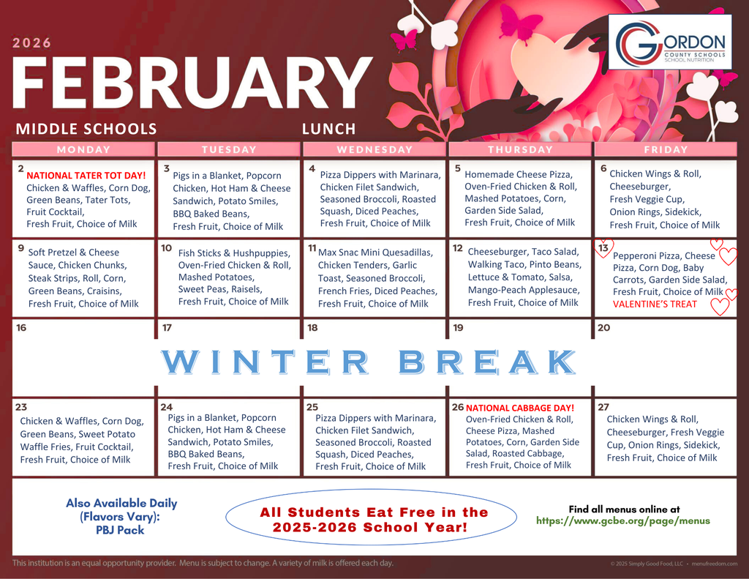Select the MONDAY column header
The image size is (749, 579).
[83, 149]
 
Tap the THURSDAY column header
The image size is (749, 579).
[520, 149]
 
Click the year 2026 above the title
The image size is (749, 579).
[32, 42]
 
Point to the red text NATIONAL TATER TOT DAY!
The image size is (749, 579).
[86, 176]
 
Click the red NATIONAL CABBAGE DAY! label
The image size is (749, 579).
[520, 408]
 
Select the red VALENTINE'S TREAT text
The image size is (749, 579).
[655, 304]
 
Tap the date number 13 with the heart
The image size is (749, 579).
[604, 248]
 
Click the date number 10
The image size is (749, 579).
[167, 248]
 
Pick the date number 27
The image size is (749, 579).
[603, 407]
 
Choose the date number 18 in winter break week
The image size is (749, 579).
[312, 328]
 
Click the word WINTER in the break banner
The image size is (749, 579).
[264, 362]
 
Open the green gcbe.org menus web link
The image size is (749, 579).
[623, 521]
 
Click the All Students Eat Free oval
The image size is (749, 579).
[374, 520]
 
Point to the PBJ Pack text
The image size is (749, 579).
[120, 530]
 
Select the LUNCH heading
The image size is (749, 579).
[328, 130]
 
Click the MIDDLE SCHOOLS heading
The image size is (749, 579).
[86, 130]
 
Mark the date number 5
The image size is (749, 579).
[458, 168]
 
